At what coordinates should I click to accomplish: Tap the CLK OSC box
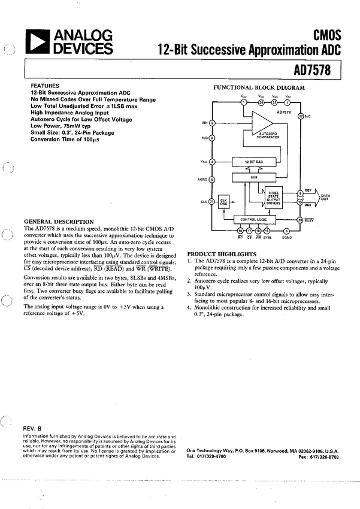point(223,202)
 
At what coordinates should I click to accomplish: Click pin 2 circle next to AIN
point(212,123)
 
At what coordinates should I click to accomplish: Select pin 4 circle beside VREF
point(212,162)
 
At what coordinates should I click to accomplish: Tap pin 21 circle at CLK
point(212,202)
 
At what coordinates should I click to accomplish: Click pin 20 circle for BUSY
point(300,219)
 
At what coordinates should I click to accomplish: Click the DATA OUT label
point(325,197)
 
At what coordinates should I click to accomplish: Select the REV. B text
point(32,429)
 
